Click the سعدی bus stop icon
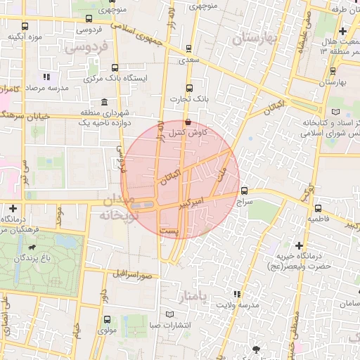(x=188, y=49)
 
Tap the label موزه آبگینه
(x=25, y=36)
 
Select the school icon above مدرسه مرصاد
(x=46, y=77)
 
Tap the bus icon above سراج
(x=244, y=191)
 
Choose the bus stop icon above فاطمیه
(x=318, y=208)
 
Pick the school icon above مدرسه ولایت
(x=236, y=293)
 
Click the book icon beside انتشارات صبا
(x=169, y=314)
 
